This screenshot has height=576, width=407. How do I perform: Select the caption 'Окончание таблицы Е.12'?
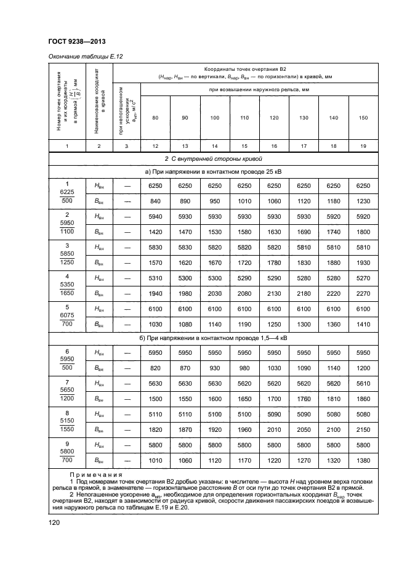click(x=86, y=57)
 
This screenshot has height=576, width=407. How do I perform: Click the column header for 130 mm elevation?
click(x=303, y=118)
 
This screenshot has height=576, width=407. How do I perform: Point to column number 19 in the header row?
click(x=363, y=145)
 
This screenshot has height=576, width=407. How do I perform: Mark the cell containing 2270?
click(x=363, y=293)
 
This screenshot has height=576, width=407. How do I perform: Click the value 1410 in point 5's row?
click(x=363, y=323)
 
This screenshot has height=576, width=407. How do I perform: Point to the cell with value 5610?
click(x=363, y=383)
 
